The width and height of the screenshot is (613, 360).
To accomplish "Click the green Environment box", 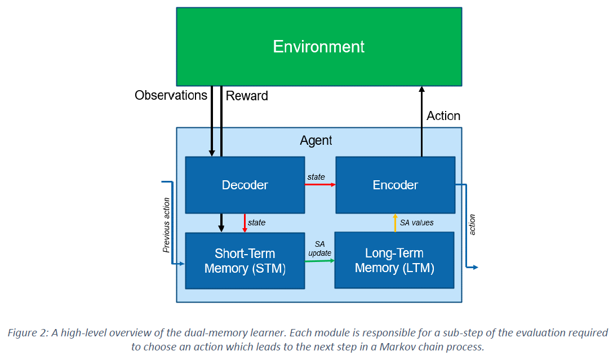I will click(319, 46).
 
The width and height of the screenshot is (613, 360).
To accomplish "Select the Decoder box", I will click(245, 185).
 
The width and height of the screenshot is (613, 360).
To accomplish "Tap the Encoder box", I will click(395, 185).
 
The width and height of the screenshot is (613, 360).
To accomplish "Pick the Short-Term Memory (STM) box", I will click(245, 261).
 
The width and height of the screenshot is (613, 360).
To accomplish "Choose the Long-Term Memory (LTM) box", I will click(394, 261).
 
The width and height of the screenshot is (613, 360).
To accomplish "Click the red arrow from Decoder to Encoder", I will click(319, 184).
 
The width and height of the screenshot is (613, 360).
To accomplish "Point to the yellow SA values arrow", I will click(395, 223).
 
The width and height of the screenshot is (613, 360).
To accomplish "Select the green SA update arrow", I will click(319, 261).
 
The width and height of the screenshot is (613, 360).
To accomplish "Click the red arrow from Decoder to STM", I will click(245, 223).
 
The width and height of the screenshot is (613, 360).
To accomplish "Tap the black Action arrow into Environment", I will click(421, 121).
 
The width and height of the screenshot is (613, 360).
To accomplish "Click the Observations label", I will click(171, 95).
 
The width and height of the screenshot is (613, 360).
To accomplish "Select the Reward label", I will click(247, 96).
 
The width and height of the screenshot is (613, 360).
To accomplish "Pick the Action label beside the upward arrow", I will click(443, 115).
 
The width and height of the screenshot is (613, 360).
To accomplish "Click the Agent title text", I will click(316, 140).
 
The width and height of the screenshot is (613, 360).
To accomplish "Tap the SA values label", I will click(416, 223).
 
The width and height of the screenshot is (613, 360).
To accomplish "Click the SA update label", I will click(319, 248).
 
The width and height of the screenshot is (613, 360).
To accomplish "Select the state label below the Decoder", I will click(256, 223).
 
